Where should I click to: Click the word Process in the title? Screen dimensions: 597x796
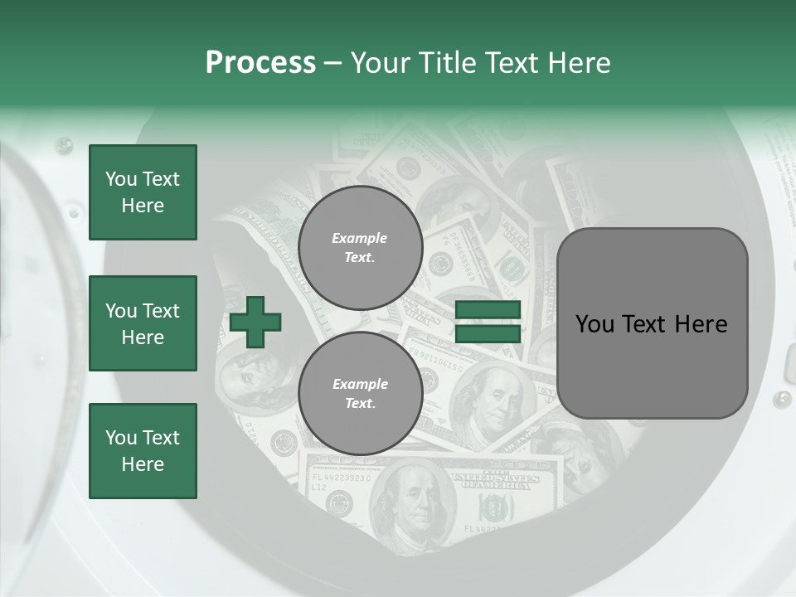tap(260, 63)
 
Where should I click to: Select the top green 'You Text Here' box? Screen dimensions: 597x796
tap(143, 192)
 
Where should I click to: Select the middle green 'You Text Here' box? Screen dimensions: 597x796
tap(143, 323)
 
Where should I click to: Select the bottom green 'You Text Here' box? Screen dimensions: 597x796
tap(143, 451)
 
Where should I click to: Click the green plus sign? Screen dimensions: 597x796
tap(255, 322)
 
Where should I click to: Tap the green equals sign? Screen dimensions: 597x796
tap(488, 323)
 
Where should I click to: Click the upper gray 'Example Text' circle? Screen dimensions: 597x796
tap(360, 248)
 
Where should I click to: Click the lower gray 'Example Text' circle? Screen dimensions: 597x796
tap(360, 394)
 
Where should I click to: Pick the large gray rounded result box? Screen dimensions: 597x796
tap(652, 323)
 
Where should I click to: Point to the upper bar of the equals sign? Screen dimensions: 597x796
tap(488, 310)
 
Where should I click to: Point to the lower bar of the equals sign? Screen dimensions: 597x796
tap(488, 334)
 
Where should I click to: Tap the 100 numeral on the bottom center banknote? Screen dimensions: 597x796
tap(496, 507)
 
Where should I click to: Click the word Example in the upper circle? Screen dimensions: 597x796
tap(360, 238)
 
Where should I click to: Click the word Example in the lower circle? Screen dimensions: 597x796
tap(360, 384)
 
